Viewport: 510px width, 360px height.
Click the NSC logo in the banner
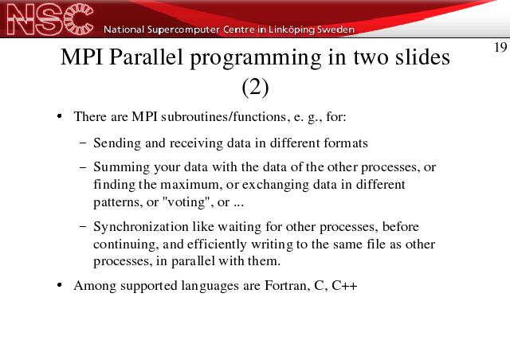tap(50, 19)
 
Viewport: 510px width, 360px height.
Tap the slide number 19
tap(500, 48)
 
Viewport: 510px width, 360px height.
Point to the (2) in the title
tap(255, 87)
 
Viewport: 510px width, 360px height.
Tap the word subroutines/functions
tap(224, 116)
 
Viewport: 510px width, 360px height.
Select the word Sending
tap(117, 143)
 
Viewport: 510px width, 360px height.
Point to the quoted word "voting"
tap(187, 202)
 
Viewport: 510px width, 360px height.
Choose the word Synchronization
tap(141, 227)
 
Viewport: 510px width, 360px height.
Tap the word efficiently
tap(217, 245)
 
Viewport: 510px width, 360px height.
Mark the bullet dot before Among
tap(59, 285)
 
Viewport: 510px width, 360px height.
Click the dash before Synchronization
tap(83, 226)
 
